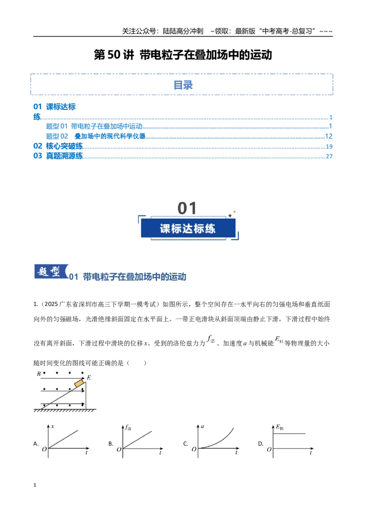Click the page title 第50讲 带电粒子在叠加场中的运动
183,55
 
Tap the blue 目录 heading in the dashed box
183,85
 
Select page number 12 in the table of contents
328,136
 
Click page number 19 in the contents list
329,146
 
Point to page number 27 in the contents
329,156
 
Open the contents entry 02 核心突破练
58,146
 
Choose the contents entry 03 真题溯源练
58,156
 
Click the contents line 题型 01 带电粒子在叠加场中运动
94,126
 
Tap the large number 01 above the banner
187,208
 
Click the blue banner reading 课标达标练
188,228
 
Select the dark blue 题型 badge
51,272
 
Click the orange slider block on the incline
79,383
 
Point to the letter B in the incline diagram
38,374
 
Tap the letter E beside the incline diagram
89,378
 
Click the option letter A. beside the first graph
36,444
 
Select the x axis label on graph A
53,426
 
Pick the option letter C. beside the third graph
186,444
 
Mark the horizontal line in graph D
289,433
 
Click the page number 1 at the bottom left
35,485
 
